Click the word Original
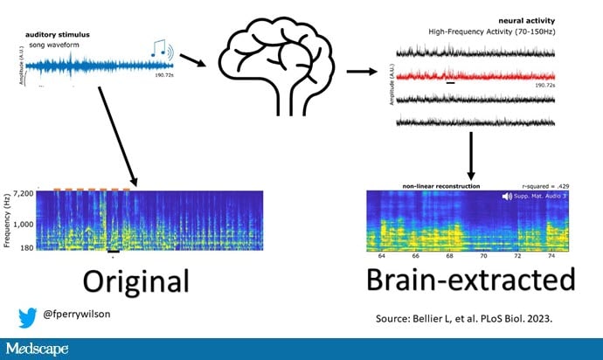(135, 280)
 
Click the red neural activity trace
(475, 76)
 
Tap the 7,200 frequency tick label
(22, 191)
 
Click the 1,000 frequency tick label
(22, 225)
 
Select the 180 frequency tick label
(26, 248)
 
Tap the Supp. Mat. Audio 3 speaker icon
(507, 197)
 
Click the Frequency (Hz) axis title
(7, 217)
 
